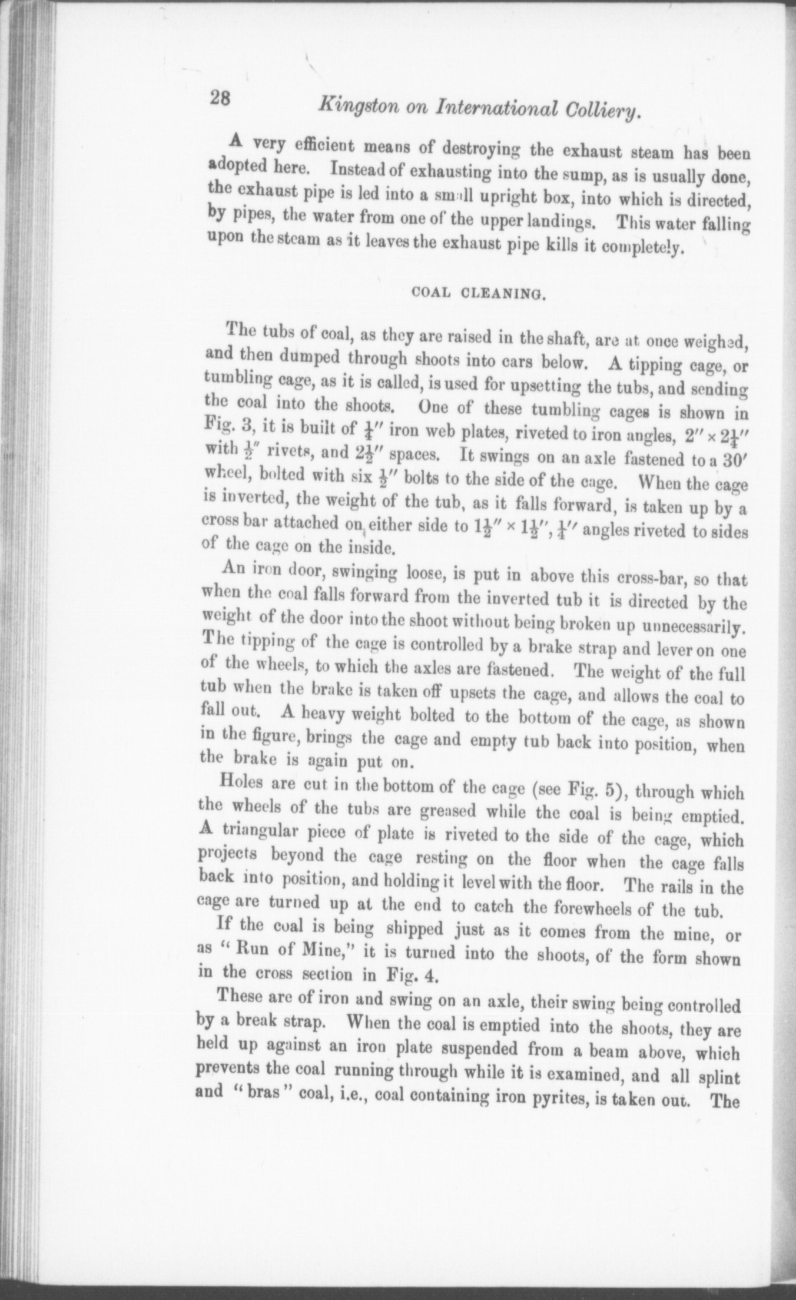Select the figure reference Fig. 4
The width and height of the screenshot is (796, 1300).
pos(410,974)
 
